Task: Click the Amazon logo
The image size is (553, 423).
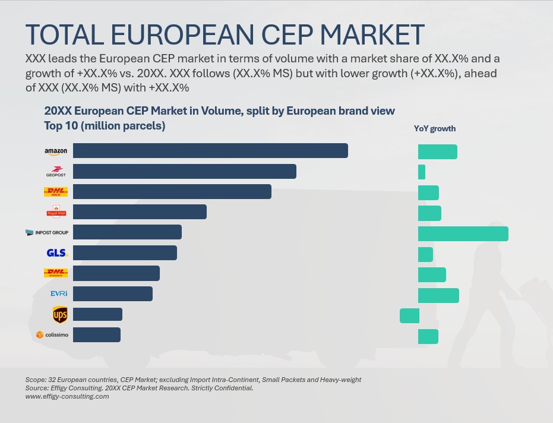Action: click(56, 151)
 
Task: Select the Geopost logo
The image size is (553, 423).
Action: click(56, 172)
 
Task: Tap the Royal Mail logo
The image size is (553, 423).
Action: click(56, 212)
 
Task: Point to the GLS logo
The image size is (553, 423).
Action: click(57, 253)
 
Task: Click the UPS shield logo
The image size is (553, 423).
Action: click(60, 314)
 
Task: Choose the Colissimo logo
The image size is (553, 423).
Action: click(52, 335)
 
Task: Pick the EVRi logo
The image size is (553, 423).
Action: click(59, 293)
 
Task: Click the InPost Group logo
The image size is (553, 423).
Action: click(47, 232)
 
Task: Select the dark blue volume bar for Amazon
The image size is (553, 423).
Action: click(210, 151)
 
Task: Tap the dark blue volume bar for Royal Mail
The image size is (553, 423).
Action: click(140, 212)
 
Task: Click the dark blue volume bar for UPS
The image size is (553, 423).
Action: click(97, 314)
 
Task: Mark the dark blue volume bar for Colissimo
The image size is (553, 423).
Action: click(97, 335)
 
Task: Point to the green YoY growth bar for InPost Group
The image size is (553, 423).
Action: click(463, 233)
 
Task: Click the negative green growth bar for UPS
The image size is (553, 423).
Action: click(409, 315)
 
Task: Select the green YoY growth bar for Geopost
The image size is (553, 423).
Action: click(422, 172)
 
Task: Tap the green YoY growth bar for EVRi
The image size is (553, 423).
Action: click(438, 295)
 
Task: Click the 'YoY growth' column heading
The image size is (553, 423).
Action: click(435, 129)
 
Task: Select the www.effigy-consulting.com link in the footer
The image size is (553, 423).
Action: click(67, 396)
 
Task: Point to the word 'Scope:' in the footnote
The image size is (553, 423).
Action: click(36, 380)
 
